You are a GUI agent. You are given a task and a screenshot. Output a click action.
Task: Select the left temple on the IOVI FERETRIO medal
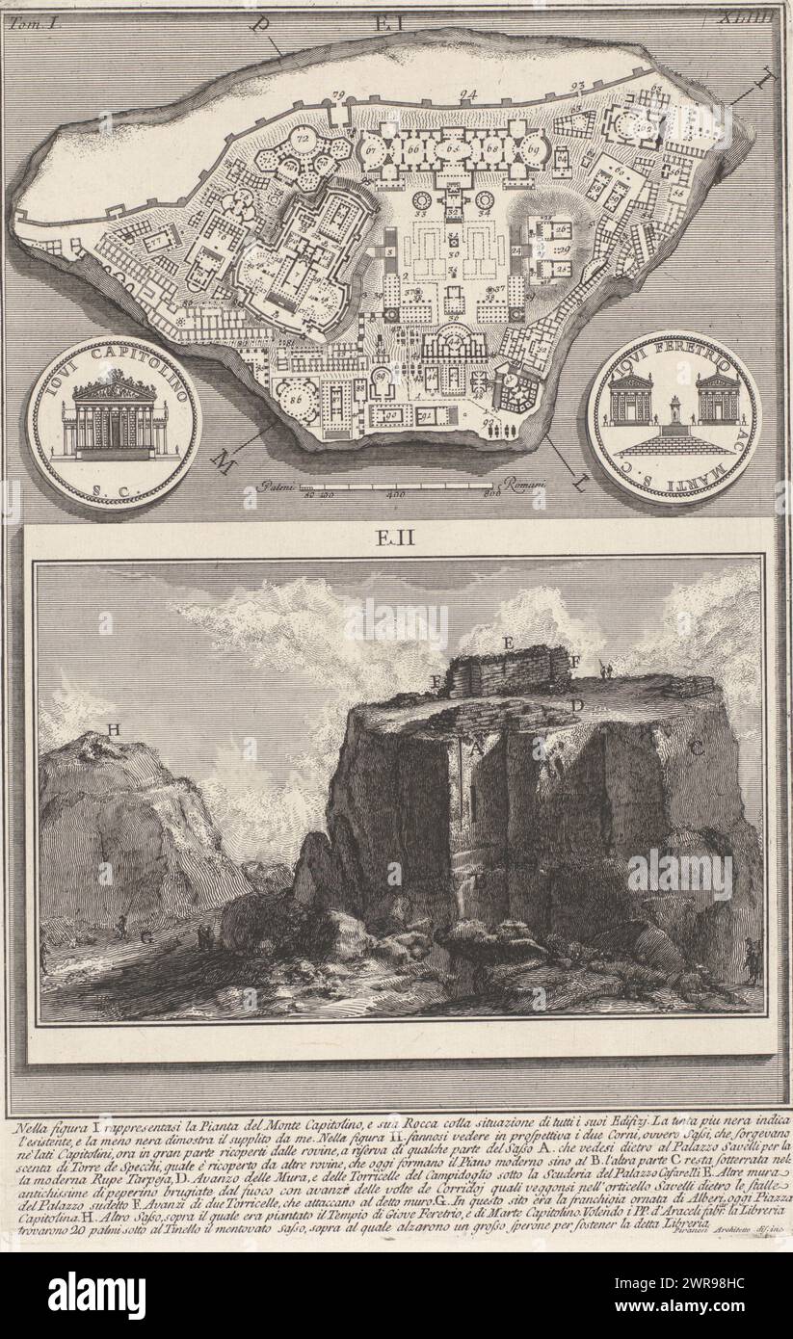(630, 398)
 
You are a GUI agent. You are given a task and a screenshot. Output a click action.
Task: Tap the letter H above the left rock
(114, 730)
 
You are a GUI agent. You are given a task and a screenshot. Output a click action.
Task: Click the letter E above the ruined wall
(507, 641)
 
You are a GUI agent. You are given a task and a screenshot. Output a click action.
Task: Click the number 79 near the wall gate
(338, 94)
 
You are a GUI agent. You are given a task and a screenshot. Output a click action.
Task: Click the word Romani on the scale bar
(518, 488)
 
